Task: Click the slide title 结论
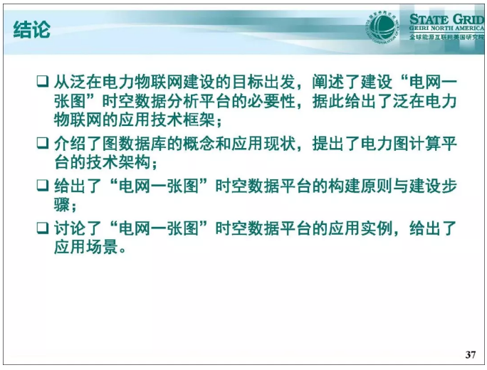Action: (31, 30)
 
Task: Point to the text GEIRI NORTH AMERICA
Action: (446, 29)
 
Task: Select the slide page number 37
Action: (469, 354)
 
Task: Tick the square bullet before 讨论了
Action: (43, 229)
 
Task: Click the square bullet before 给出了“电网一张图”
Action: (43, 186)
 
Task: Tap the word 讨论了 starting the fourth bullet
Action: (77, 229)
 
